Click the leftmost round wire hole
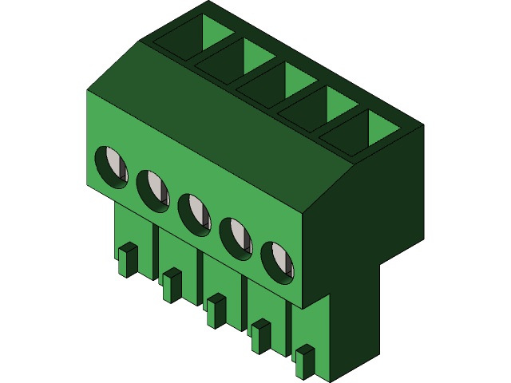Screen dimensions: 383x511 click(x=112, y=167)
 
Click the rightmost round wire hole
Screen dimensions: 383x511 click(x=278, y=261)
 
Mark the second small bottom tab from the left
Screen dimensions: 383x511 click(x=172, y=285)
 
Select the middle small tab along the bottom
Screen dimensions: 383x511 click(x=216, y=310)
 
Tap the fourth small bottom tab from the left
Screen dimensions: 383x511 click(x=260, y=335)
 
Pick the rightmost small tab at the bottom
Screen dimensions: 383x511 click(x=304, y=361)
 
